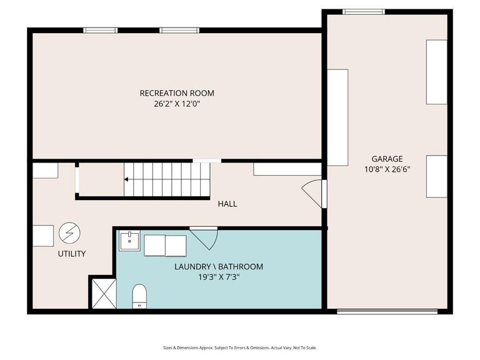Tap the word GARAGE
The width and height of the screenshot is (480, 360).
pos(387,159)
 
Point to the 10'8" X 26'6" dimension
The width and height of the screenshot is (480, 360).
pos(387,169)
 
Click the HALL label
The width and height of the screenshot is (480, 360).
pos(227,204)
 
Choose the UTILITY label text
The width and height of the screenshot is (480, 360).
pos(71,254)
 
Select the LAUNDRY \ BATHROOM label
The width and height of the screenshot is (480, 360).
pos(218,267)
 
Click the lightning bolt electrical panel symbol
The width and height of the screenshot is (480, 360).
pos(69,234)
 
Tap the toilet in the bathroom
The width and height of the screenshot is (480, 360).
pos(139,296)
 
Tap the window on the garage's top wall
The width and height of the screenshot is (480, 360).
pos(364,11)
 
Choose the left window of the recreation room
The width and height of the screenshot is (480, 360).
pos(101,29)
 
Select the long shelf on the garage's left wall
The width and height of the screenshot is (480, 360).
pos(337,117)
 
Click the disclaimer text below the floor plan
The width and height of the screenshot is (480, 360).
pos(240,347)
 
